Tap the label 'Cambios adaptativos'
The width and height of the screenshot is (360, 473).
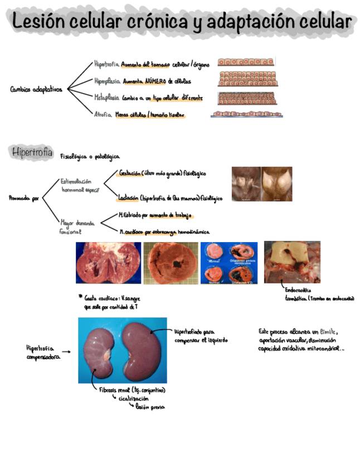pyautogui.click(x=36, y=89)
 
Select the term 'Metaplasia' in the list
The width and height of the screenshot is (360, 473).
pyautogui.click(x=106, y=96)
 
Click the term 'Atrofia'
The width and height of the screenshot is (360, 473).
pyautogui.click(x=101, y=115)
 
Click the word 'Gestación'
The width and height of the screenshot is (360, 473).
pyautogui.click(x=129, y=173)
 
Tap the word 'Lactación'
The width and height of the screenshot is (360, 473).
pyautogui.click(x=128, y=197)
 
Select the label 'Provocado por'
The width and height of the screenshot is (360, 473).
pyautogui.click(x=24, y=198)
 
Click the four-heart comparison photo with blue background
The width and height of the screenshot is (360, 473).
pyautogui.click(x=228, y=263)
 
